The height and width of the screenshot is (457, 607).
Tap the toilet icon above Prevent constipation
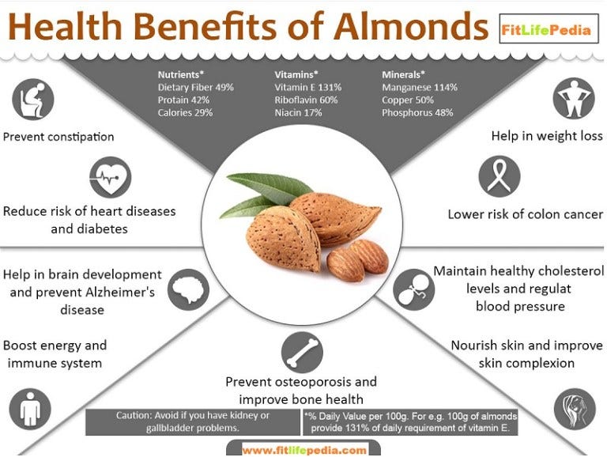pyautogui.click(x=32, y=99)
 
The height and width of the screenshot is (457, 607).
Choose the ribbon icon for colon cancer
pyautogui.click(x=500, y=176)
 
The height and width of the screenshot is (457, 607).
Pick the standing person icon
pyautogui.click(x=30, y=410)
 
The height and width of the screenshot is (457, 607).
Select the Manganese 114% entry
pyautogui.click(x=419, y=88)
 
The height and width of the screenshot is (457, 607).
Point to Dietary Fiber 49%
pyautogui.click(x=195, y=88)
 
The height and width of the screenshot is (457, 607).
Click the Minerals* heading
pyautogui.click(x=405, y=75)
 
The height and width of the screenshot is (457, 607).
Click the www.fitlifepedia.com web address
pyautogui.click(x=304, y=450)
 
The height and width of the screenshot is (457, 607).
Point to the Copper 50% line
pyautogui.click(x=407, y=100)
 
